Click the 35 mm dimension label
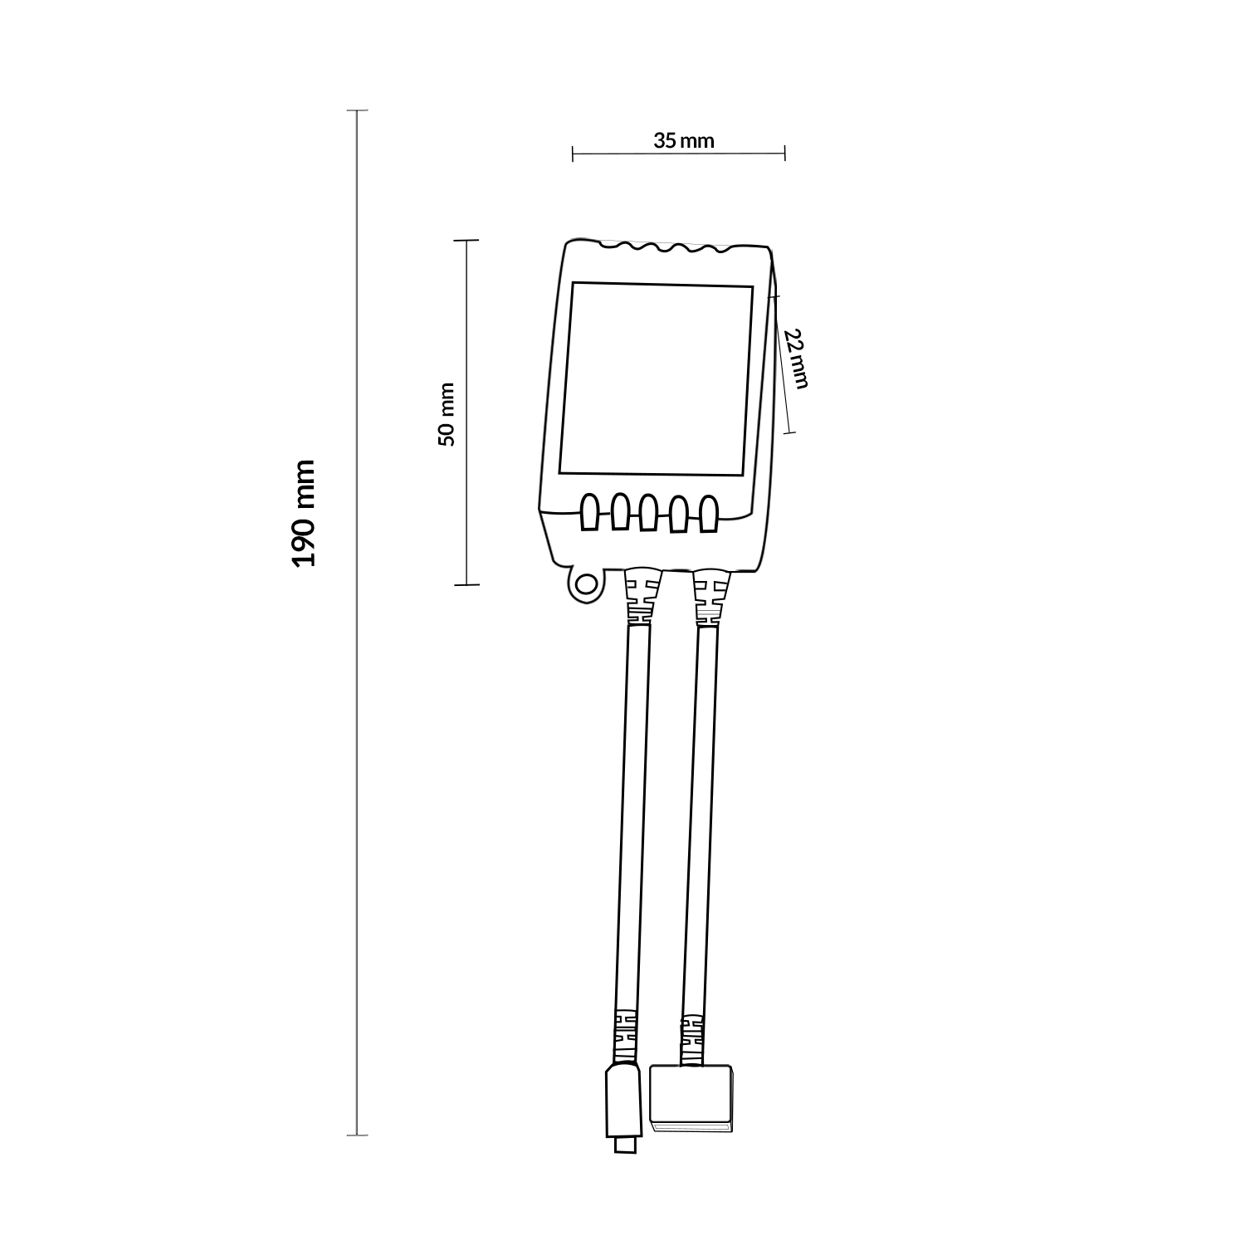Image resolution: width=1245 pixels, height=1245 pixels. click(683, 140)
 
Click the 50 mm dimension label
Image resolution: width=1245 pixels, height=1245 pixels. click(447, 414)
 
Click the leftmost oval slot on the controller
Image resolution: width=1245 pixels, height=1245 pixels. click(590, 513)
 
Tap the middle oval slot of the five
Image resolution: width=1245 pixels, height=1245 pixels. click(649, 513)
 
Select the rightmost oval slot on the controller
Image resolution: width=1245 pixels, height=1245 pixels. click(708, 513)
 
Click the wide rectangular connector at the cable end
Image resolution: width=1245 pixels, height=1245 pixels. click(692, 1100)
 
